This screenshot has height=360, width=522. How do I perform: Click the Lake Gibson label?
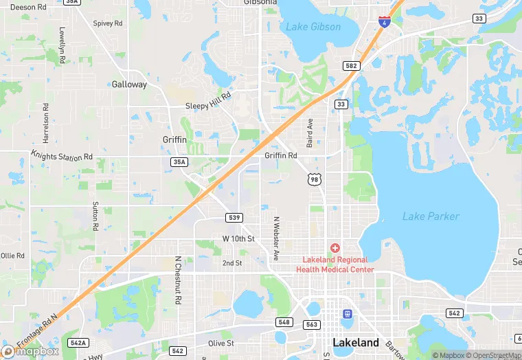[313, 27]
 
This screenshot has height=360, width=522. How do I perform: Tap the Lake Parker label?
[431, 216]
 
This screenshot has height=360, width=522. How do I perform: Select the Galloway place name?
[129, 85]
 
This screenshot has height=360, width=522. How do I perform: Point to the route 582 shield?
[352, 65]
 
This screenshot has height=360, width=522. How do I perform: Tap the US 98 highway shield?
[315, 179]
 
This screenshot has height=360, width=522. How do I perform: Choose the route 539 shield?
[234, 217]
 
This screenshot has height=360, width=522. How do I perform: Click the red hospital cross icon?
[335, 247]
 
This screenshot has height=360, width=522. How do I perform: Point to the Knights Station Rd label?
[61, 157]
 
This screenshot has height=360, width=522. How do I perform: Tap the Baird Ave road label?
[310, 133]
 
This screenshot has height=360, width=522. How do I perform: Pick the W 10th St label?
[238, 238]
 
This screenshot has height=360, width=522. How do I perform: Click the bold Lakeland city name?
[355, 342]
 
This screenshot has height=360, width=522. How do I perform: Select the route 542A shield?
[78, 342]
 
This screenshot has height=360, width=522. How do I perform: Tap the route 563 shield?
[312, 324]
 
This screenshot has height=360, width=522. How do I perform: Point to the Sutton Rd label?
[95, 216]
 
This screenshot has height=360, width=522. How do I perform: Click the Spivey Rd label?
[108, 23]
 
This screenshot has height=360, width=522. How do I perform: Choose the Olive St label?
[221, 343]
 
